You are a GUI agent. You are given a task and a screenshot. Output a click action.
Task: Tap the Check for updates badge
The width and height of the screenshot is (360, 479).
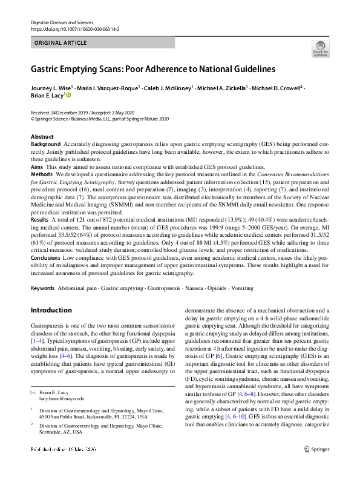pyautogui.click(x=320, y=48)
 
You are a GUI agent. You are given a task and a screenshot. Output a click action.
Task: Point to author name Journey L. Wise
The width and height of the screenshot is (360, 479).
pyautogui.click(x=53, y=88)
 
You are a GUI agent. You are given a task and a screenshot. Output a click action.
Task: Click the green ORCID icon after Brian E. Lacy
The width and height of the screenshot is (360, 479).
pyautogui.click(x=68, y=96)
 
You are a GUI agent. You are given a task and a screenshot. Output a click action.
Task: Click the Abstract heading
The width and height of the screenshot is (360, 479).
pyautogui.click(x=42, y=137)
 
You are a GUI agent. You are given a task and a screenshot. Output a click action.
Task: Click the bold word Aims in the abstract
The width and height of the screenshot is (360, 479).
pyautogui.click(x=38, y=166)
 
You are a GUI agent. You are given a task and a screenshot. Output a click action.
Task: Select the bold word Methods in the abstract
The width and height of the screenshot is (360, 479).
pyautogui.click(x=42, y=173)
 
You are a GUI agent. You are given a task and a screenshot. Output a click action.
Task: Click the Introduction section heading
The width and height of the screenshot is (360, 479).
pyautogui.click(x=51, y=311)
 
